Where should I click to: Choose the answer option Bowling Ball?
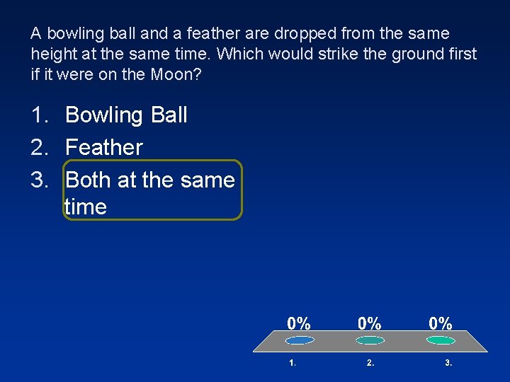point(126,115)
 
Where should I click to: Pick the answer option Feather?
point(104,147)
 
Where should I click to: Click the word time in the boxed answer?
point(86,207)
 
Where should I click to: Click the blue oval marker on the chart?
point(299,340)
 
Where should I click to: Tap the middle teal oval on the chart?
point(370,340)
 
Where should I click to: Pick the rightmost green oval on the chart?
point(441,340)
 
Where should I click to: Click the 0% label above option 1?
point(299,323)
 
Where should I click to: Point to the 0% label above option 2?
point(370,323)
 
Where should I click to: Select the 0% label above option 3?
point(441,323)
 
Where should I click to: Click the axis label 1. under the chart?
point(293,364)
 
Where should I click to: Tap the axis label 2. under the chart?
point(370,364)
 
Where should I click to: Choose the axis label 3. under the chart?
point(448,364)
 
